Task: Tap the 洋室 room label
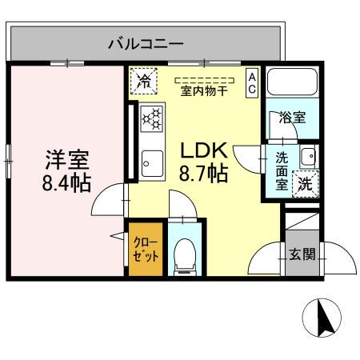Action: tap(66, 158)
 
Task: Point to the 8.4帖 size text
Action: tap(66, 182)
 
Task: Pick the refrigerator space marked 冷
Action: tap(145, 80)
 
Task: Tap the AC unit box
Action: tap(251, 82)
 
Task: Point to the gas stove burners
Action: tap(150, 118)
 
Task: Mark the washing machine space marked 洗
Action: tap(306, 182)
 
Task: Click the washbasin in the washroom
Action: tap(307, 155)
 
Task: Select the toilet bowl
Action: tap(186, 252)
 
